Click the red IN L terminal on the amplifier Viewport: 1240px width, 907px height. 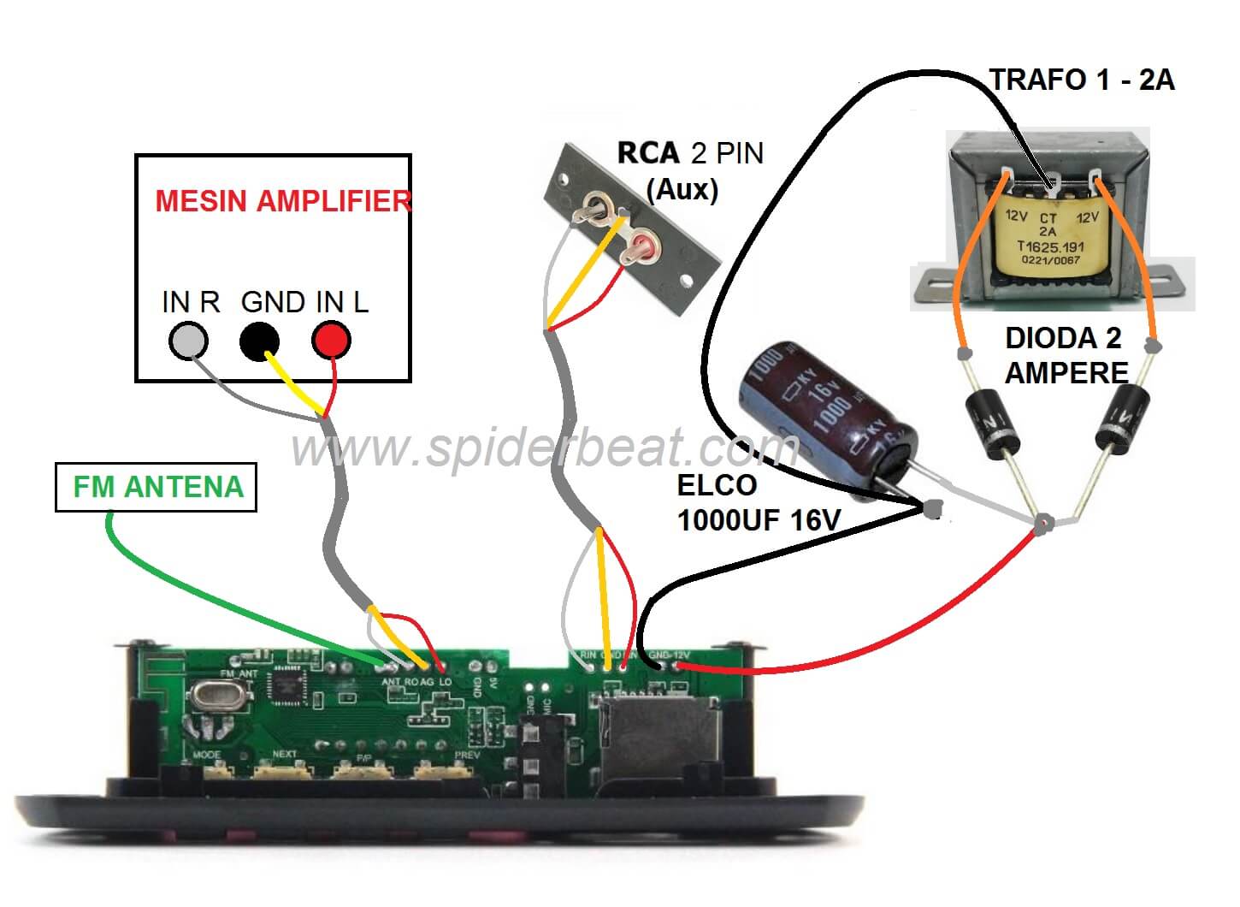(331, 341)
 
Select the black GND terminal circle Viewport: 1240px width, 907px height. (259, 341)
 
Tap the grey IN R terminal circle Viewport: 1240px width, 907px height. (189, 341)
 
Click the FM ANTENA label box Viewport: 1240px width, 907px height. (156, 487)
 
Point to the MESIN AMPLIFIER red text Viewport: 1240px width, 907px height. (282, 201)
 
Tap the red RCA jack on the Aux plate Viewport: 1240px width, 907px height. (641, 251)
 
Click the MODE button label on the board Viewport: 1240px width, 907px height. (206, 755)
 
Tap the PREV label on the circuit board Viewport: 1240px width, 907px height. (467, 755)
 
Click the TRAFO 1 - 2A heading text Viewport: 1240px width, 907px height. (1082, 80)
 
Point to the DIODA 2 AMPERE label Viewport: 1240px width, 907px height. (1066, 355)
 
